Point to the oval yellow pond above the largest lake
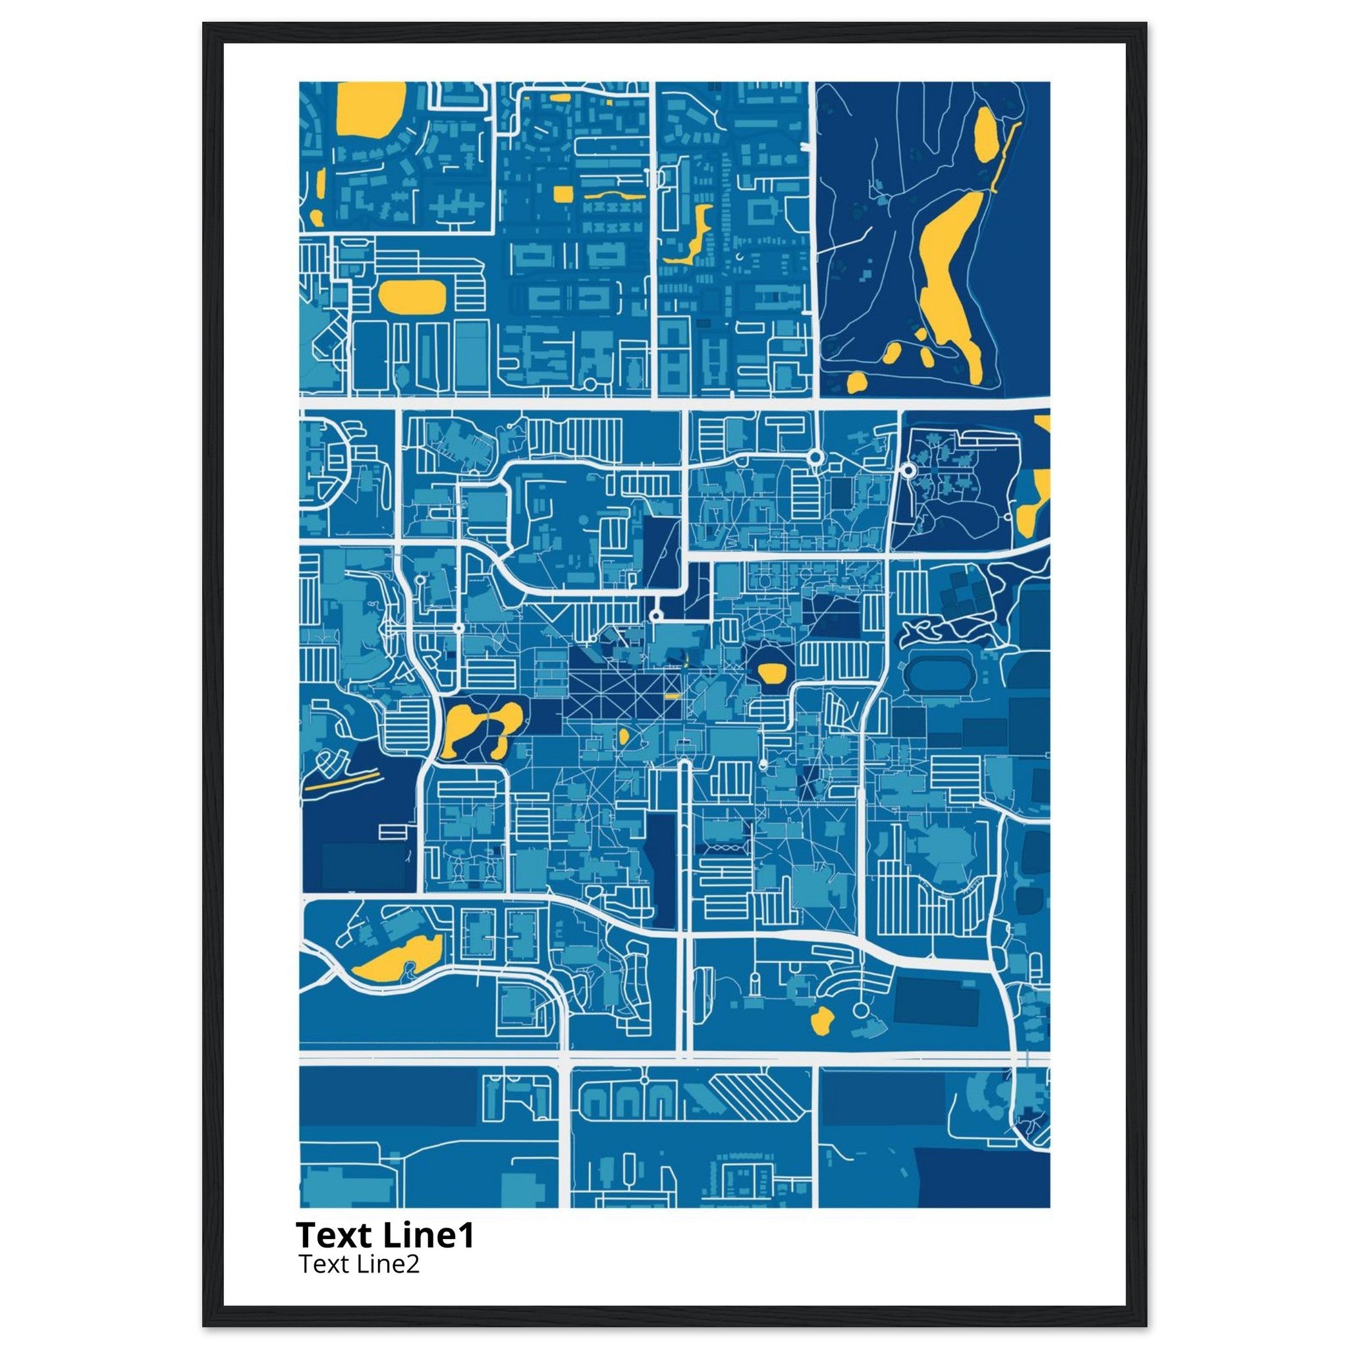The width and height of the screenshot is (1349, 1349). [x=986, y=136]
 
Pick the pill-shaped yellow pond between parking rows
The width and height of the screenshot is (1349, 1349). [x=411, y=296]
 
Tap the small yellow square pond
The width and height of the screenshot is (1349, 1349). [x=561, y=194]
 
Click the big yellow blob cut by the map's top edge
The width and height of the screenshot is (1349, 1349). [x=370, y=108]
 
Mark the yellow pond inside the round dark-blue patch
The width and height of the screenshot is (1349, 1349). [x=771, y=673]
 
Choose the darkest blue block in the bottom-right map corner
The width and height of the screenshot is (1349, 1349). [x=981, y=1177]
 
